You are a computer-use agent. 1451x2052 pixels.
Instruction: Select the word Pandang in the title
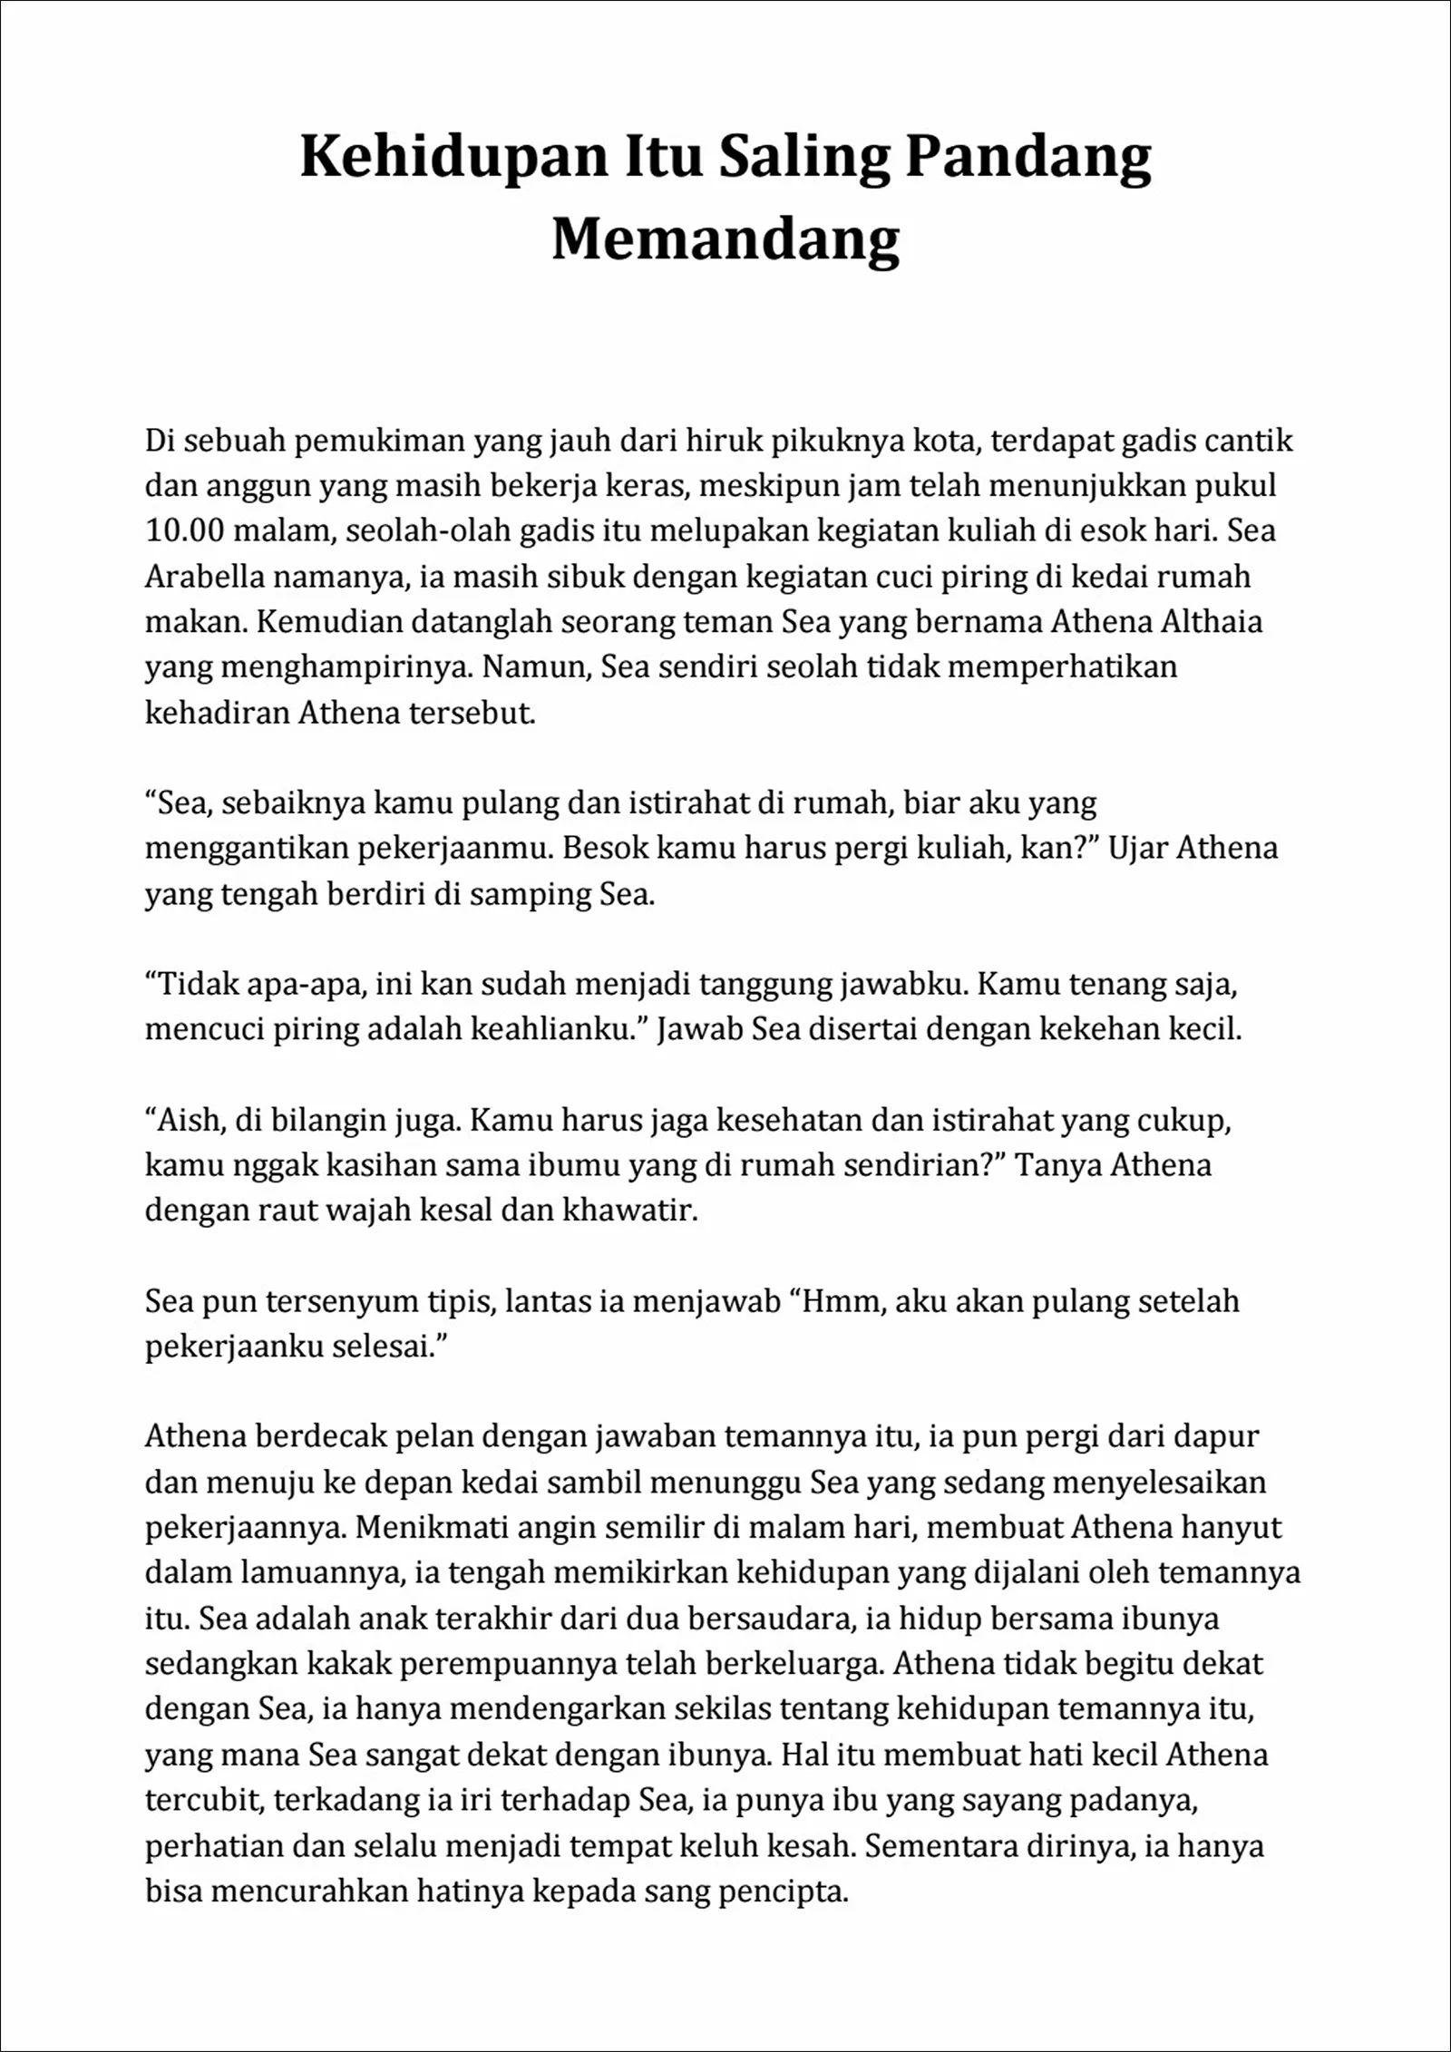1028,156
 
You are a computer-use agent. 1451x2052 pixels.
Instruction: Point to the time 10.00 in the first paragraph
184,531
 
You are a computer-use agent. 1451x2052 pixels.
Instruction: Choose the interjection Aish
190,1120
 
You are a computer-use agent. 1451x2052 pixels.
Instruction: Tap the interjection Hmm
843,1301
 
